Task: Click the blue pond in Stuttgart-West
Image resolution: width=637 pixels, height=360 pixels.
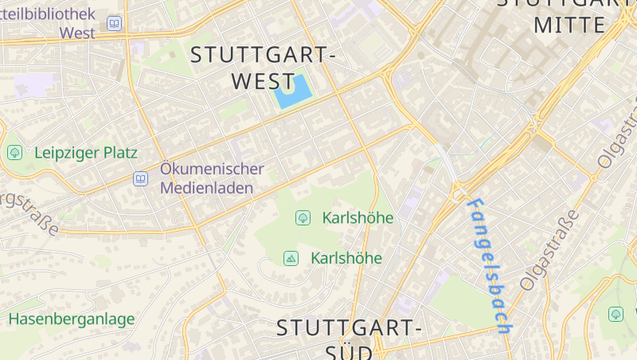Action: pos(293,92)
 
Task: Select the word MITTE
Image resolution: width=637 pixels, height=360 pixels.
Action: pos(569,25)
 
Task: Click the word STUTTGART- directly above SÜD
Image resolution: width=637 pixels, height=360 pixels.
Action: pos(349,327)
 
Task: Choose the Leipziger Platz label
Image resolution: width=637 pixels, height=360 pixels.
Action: pos(86,152)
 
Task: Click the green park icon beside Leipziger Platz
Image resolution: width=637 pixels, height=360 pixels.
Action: pos(14,152)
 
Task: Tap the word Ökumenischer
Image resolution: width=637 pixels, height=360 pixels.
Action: pos(211,169)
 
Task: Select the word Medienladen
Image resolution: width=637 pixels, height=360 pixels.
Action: pos(206,188)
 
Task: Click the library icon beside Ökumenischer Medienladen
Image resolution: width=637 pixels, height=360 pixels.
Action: pos(141,179)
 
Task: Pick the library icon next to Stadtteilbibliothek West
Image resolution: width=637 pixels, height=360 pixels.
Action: pos(115,24)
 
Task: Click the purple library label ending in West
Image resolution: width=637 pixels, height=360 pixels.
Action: pos(77,33)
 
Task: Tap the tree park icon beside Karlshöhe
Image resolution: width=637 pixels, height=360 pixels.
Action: pos(303,217)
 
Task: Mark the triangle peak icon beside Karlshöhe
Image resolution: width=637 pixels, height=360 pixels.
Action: pos(291,258)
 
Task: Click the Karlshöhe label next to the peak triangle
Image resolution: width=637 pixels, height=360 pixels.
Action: pos(346,258)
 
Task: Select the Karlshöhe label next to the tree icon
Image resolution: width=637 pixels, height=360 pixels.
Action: pos(358,217)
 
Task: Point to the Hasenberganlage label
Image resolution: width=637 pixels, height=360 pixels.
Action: pos(72,319)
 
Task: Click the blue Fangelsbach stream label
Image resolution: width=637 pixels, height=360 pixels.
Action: pos(490,265)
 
